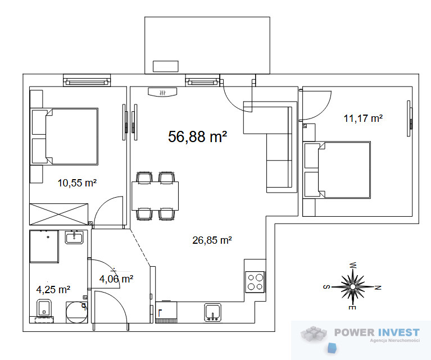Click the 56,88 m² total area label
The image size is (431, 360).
pos(197,136)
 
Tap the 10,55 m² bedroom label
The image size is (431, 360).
pos(77,183)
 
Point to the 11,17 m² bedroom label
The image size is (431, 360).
pos(363,118)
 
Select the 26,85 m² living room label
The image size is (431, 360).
pos(212,240)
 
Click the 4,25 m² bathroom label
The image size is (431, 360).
pos(53,289)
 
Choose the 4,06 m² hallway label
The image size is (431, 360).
pos(116,279)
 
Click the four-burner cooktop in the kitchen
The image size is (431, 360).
pos(255,282)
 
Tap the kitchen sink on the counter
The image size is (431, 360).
pos(213,312)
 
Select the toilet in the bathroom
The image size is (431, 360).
pos(44,308)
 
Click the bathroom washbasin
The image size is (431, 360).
pos(74,238)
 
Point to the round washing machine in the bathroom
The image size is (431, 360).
pos(76,312)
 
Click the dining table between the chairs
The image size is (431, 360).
pos(155,196)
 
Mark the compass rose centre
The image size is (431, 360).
pos(353,286)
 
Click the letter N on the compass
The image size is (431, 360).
pos(378,288)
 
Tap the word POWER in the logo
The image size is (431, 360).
pos(355,332)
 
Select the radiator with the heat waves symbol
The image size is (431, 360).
pos(162,92)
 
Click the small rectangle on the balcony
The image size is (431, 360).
pos(165,66)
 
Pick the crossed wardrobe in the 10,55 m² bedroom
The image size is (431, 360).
pos(59,215)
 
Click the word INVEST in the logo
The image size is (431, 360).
pos(398,332)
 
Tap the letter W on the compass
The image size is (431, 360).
pos(353,266)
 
